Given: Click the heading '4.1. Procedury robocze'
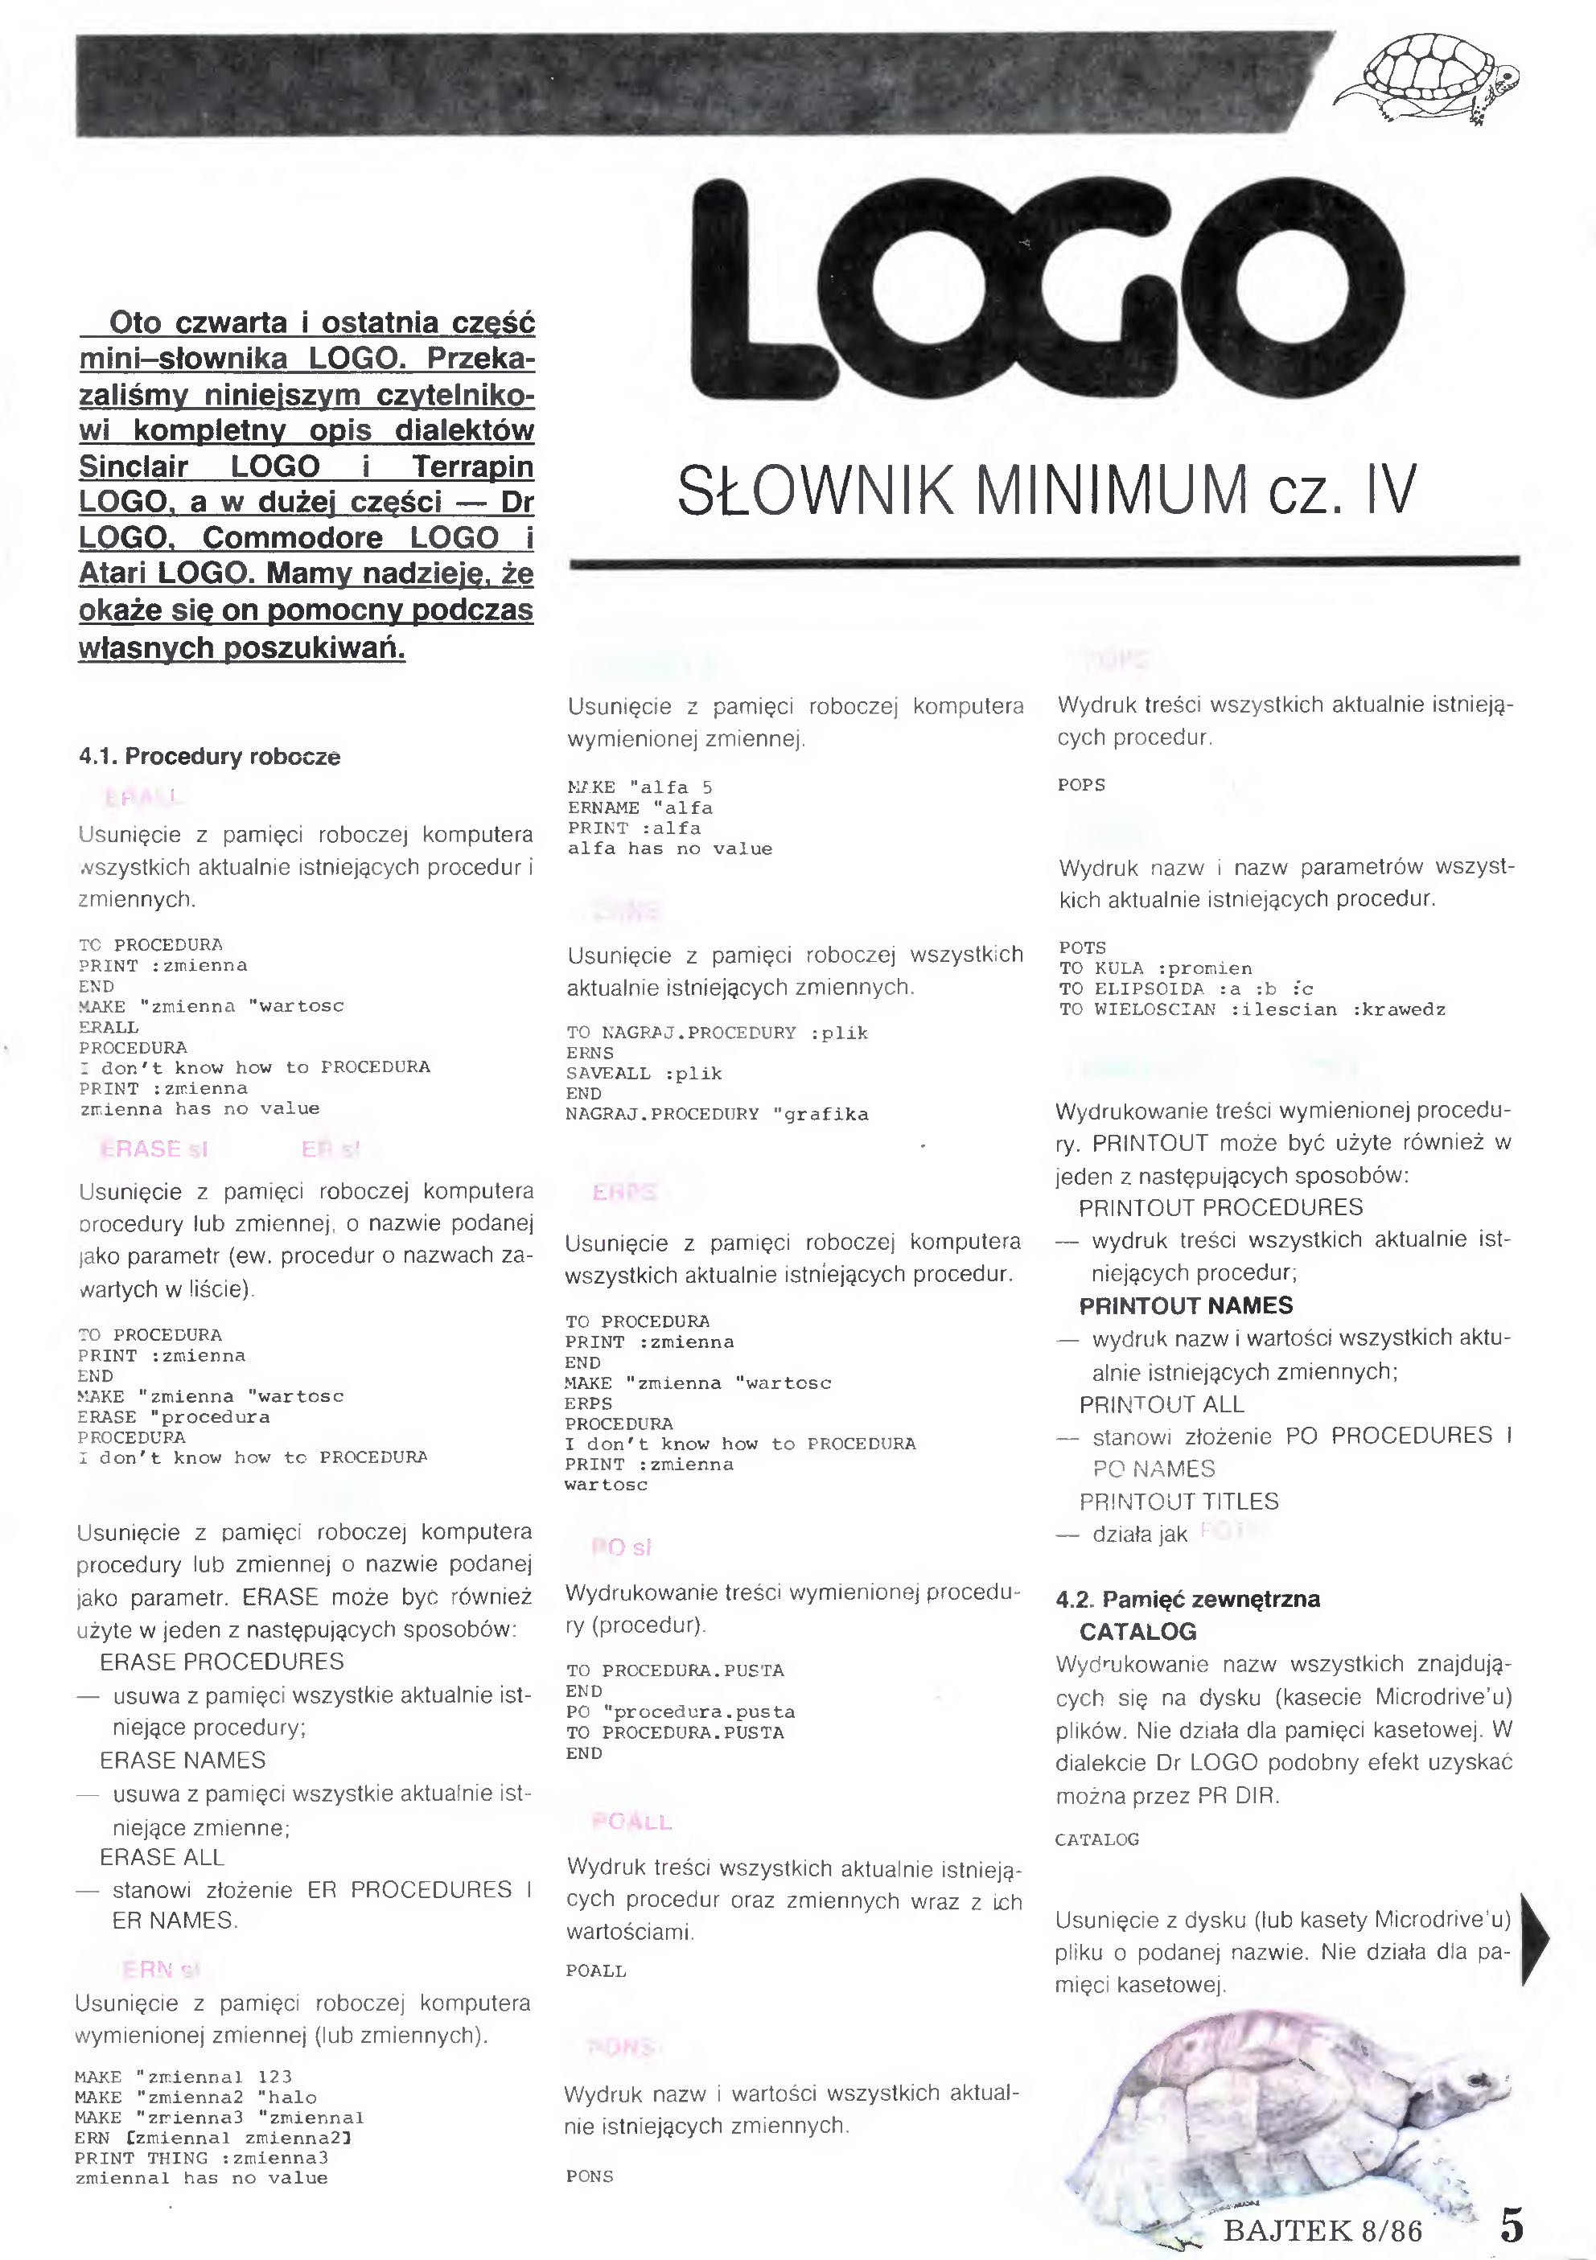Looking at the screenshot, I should [210, 757].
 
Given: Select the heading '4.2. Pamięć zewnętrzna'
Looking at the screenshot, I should [1187, 1599].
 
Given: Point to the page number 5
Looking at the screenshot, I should [1512, 2225].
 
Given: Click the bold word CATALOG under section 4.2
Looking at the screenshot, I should [1137, 1632].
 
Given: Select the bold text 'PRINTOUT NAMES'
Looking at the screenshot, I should [1186, 1306].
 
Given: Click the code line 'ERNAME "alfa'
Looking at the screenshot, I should [640, 808].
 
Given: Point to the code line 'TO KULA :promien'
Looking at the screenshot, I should [1155, 968].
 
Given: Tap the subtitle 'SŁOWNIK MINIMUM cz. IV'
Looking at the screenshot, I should [1047, 490].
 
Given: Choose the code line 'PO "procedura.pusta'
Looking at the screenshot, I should [680, 1711].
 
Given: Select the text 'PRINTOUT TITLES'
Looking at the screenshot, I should [1178, 1501].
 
